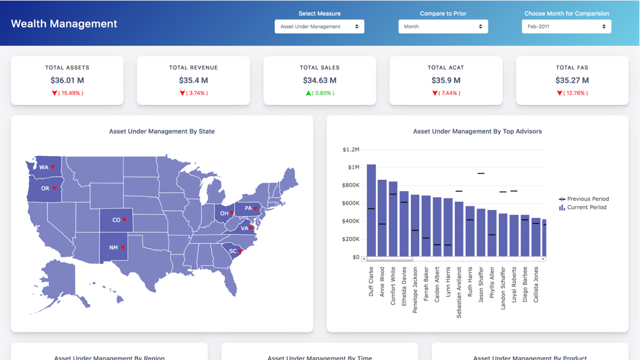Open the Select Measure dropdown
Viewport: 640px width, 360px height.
click(319, 26)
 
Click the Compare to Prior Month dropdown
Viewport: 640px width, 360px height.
click(443, 26)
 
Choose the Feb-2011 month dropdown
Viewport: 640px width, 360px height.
click(566, 26)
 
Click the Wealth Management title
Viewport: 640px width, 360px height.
click(64, 24)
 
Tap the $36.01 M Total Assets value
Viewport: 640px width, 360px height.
click(67, 80)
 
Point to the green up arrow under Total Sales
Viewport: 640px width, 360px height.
click(308, 93)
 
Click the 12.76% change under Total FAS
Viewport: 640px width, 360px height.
click(576, 93)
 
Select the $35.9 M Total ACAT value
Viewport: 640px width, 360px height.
click(446, 80)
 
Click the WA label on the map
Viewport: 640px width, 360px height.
click(44, 167)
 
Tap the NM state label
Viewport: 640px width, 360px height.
click(114, 247)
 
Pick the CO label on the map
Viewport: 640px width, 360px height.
click(116, 220)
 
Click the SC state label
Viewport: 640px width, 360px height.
click(233, 251)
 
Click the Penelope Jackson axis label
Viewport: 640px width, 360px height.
click(415, 289)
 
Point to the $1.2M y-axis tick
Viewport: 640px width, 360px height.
click(351, 150)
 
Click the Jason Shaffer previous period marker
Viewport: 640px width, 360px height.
click(481, 173)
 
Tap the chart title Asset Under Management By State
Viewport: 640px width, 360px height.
click(162, 131)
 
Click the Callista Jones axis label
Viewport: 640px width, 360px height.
click(536, 285)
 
